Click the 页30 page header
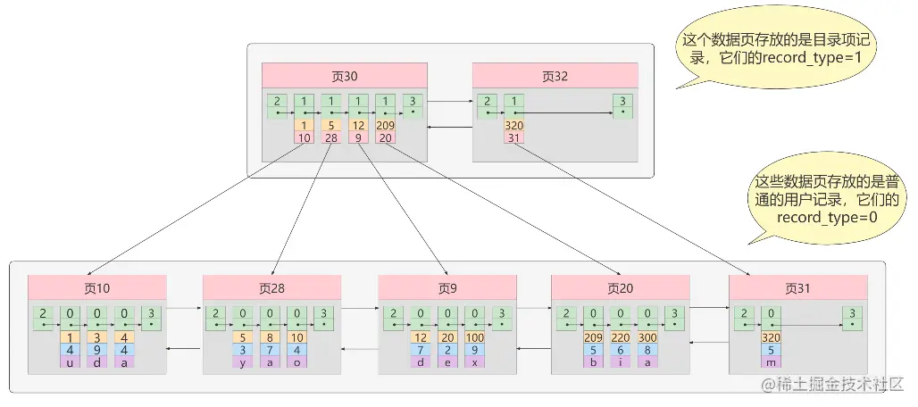coord(345,76)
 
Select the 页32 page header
coord(555,76)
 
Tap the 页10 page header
coord(97,287)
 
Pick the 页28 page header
coord(271,287)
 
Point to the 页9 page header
coord(447,287)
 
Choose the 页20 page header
coord(621,287)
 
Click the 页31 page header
coord(797,287)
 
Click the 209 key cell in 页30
coord(386,126)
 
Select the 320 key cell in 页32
coord(513,126)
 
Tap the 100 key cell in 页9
coord(475,337)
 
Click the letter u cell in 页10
coord(70,362)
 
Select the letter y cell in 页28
coord(243,362)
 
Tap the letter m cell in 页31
coord(771,362)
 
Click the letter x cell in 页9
coord(475,362)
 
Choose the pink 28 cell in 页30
coord(331,137)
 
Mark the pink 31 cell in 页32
coord(513,137)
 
